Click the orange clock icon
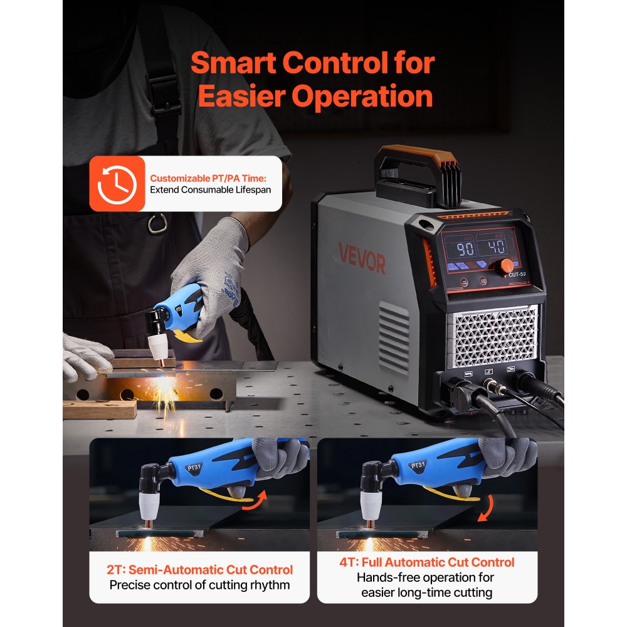coord(117,183)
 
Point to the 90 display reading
coord(465,249)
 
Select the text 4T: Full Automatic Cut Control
coord(426,562)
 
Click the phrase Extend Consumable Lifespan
coord(211,189)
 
